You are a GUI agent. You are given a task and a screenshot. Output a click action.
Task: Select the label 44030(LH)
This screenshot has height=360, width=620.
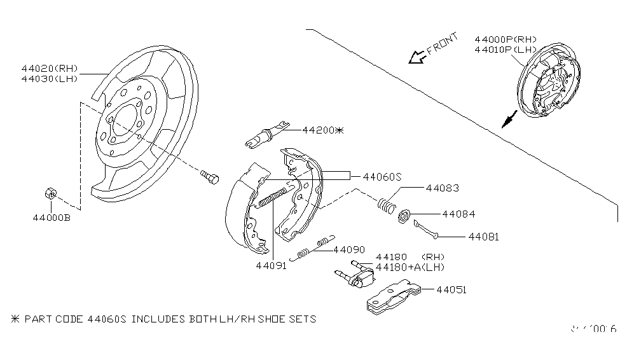click(49, 78)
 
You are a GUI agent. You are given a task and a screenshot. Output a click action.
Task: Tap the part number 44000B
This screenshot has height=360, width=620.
click(52, 218)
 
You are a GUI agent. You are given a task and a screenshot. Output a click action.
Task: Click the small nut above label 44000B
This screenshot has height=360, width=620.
click(50, 192)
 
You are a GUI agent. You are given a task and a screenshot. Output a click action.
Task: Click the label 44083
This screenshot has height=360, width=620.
click(443, 188)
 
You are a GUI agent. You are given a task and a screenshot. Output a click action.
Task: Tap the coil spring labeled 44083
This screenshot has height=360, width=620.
click(386, 205)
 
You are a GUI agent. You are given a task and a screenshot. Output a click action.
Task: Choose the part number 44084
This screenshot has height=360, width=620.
click(458, 214)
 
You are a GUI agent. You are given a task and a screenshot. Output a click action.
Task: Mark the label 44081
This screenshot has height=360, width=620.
click(483, 236)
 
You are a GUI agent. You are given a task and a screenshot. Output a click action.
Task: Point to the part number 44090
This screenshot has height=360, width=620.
click(349, 249)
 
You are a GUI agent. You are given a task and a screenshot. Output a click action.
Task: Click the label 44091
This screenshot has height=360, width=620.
click(272, 266)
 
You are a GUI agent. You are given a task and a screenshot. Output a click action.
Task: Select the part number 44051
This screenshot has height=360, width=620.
click(451, 289)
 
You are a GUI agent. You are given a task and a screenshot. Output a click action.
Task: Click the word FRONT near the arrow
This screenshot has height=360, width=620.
click(443, 45)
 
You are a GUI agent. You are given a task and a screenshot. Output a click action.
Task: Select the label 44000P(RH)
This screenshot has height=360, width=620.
click(506, 39)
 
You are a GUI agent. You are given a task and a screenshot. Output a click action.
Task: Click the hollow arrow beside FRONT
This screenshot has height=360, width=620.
click(417, 58)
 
